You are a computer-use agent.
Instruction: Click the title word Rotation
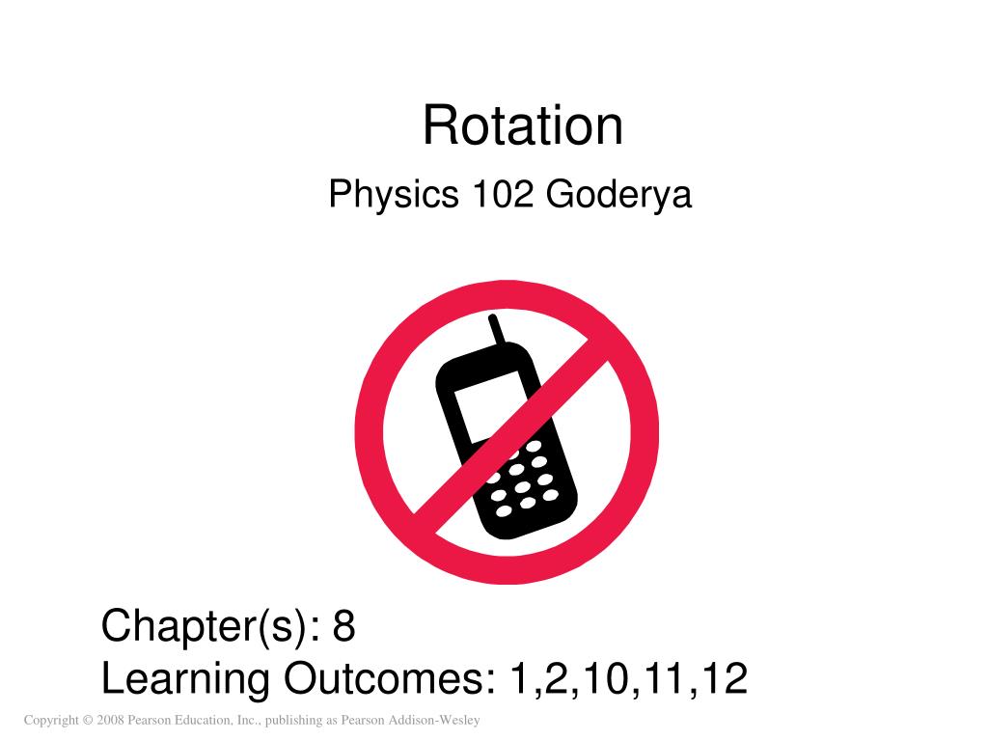523,127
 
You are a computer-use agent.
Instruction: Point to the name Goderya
619,196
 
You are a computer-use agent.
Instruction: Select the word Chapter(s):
211,627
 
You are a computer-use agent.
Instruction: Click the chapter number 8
344,627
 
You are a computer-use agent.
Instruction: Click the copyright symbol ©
87,721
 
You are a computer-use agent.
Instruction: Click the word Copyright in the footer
51,721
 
